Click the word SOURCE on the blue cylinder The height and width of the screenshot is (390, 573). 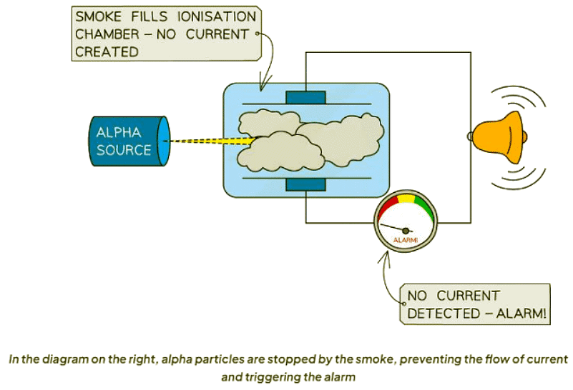click(x=123, y=150)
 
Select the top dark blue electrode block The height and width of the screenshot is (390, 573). click(x=305, y=97)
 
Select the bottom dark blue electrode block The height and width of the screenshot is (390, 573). click(x=305, y=185)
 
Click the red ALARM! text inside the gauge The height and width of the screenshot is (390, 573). click(x=406, y=240)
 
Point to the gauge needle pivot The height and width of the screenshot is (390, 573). click(x=406, y=230)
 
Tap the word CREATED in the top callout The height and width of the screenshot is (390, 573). click(x=107, y=52)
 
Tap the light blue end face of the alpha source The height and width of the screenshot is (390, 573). click(x=165, y=140)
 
